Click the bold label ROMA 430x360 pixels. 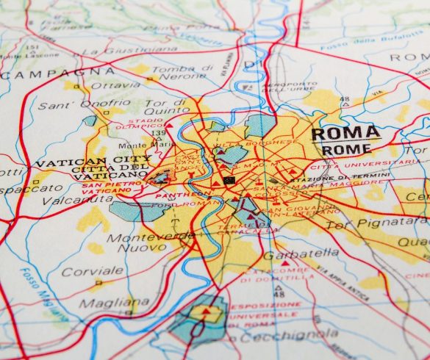[345, 134]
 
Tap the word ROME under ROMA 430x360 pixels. [346, 149]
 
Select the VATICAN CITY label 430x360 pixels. [93, 160]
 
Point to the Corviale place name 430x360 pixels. [82, 271]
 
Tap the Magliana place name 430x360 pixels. [113, 302]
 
